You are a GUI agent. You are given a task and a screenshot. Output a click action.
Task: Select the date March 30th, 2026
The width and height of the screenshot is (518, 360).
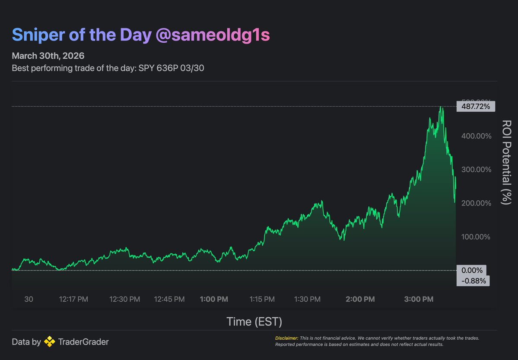[48, 56]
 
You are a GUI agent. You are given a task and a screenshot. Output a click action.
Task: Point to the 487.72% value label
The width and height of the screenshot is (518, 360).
[476, 106]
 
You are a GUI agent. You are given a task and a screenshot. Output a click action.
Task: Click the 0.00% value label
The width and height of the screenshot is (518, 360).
[471, 270]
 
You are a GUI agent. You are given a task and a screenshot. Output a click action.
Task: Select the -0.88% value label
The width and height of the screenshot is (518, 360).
[474, 281]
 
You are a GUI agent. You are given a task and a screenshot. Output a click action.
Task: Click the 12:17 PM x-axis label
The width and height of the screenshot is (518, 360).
[73, 299]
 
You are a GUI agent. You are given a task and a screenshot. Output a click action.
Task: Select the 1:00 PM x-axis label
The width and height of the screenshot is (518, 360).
[214, 299]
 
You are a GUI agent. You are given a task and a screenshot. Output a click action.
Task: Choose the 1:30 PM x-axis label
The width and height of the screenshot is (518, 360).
[307, 299]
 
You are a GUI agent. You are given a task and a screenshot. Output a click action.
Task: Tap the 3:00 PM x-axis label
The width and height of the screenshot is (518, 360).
[419, 299]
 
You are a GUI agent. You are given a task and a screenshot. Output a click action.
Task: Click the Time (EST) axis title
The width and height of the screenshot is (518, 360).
[254, 321]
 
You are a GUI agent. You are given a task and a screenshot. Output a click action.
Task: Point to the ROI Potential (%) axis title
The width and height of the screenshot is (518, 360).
[505, 162]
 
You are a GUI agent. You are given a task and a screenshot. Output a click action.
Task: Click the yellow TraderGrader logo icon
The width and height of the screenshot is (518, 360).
[50, 342]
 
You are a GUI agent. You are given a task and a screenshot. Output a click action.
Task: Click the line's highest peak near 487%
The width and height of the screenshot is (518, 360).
[441, 107]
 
